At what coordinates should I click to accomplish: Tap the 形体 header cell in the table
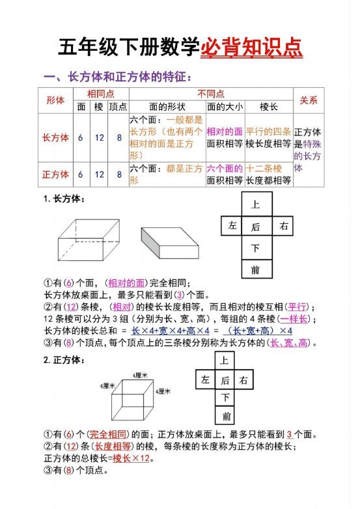pyautogui.click(x=55, y=100)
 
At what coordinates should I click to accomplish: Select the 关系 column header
pyautogui.click(x=308, y=100)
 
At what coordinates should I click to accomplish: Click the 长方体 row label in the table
pyautogui.click(x=55, y=138)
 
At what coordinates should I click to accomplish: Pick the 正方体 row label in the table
pyautogui.click(x=55, y=174)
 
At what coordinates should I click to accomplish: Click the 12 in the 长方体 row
pyautogui.click(x=99, y=138)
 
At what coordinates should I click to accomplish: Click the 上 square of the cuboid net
pyautogui.click(x=255, y=204)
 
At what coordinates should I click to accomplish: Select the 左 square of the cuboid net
pyautogui.click(x=232, y=226)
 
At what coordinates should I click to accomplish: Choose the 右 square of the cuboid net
pyautogui.click(x=283, y=226)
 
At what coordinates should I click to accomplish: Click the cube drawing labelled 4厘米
pyautogui.click(x=133, y=399)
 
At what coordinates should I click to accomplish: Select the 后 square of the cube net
pyautogui.click(x=225, y=380)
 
